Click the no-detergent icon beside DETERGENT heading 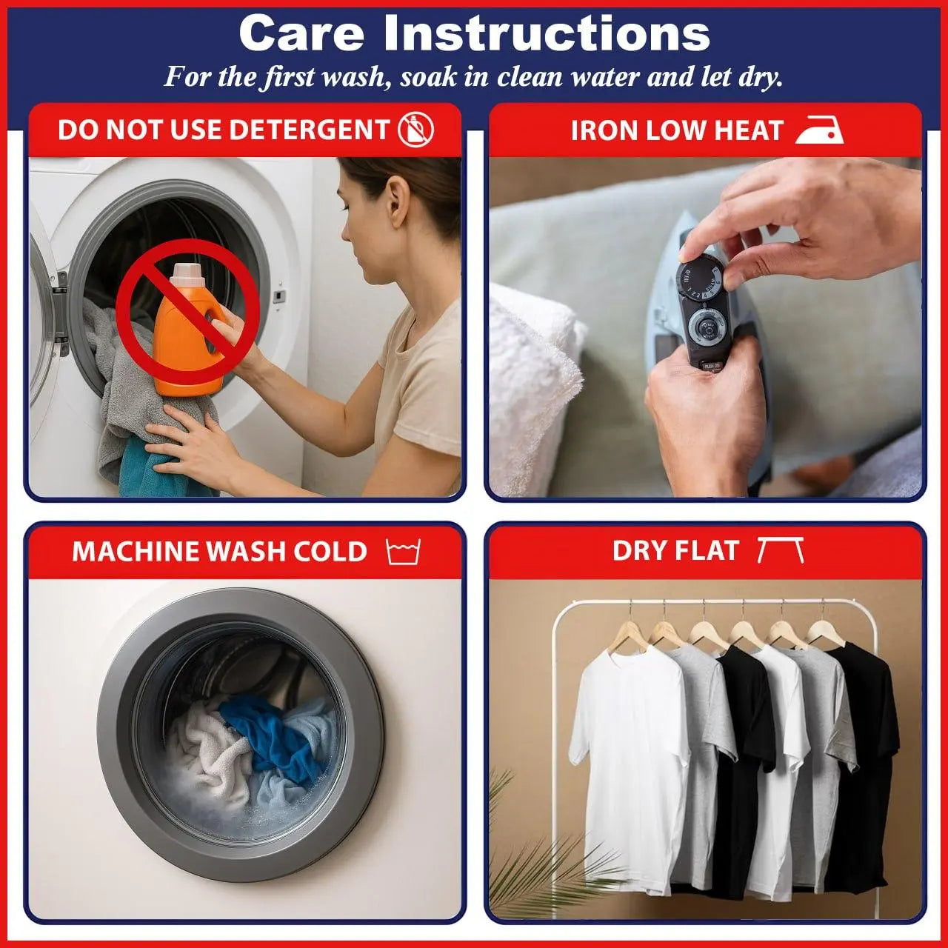(x=415, y=130)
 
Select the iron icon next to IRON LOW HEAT (x=819, y=130)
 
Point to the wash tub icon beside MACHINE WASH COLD (x=403, y=552)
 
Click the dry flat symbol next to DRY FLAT (x=780, y=550)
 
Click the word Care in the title (x=301, y=33)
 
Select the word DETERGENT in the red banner (x=310, y=130)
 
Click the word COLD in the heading (x=330, y=552)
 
